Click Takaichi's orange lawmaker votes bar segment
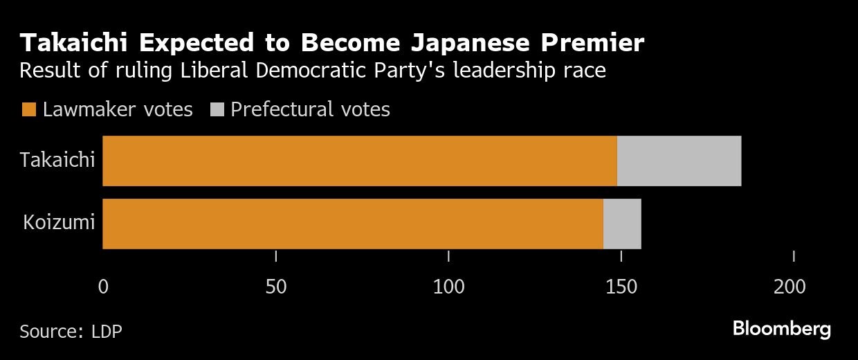(x=360, y=161)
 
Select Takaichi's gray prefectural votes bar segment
(x=679, y=161)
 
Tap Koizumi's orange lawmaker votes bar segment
(x=353, y=224)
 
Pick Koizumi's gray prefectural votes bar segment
(x=622, y=224)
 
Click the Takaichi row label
(x=57, y=161)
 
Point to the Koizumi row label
(x=60, y=224)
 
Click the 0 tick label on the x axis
(x=103, y=287)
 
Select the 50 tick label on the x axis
(x=276, y=287)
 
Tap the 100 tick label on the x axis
(x=448, y=287)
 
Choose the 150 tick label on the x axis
(x=621, y=287)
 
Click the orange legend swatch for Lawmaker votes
(x=29, y=109)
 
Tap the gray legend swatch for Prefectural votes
(x=217, y=109)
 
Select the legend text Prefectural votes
(x=311, y=109)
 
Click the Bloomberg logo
(x=782, y=329)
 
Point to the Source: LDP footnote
(x=71, y=331)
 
